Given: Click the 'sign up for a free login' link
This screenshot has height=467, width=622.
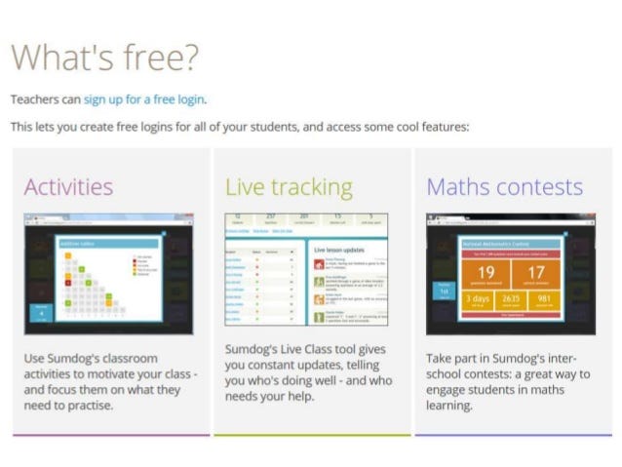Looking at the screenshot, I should [x=144, y=99].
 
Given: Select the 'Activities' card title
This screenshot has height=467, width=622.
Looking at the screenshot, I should [x=68, y=186].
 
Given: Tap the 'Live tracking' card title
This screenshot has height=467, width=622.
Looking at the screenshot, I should [x=289, y=186].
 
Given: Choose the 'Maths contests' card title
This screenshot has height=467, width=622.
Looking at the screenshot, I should [x=504, y=186].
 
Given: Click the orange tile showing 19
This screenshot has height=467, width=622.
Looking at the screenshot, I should [x=486, y=273].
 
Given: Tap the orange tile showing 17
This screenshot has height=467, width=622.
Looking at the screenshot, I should [x=534, y=273].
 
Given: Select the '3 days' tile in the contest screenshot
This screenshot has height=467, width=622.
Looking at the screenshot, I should [x=478, y=300].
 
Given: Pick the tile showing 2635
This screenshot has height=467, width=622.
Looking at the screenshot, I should [x=511, y=300].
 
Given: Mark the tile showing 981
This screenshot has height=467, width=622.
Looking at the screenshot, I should [x=542, y=300].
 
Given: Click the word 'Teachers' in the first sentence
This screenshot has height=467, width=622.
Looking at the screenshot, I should [x=33, y=99].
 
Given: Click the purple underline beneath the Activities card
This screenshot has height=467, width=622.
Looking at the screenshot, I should [x=111, y=434].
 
